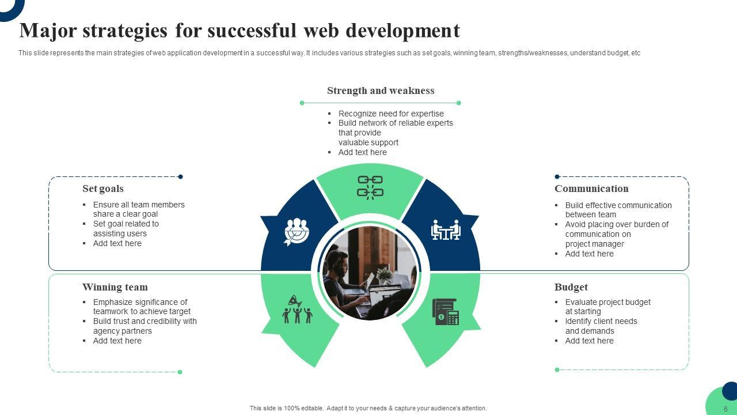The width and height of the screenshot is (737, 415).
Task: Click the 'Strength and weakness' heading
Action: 381,90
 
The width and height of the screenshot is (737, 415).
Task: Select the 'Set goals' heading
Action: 103,188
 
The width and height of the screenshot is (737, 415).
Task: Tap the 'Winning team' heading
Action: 115,287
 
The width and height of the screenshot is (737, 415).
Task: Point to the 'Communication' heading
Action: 591,188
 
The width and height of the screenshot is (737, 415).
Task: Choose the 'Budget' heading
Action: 571,287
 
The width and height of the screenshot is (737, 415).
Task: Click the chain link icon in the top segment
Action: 370,187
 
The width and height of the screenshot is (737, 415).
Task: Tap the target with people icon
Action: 297,232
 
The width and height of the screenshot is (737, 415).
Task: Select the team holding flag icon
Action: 297,309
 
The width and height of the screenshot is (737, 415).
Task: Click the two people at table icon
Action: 446,230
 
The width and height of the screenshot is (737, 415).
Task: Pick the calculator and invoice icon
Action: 445,312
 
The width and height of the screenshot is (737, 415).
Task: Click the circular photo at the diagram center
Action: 370,273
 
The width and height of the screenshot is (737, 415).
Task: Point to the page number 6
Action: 725,409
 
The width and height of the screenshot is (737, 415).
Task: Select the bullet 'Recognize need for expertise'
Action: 391,114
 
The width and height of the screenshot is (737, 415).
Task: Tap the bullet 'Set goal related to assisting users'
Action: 126,229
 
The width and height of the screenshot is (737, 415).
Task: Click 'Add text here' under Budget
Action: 589,341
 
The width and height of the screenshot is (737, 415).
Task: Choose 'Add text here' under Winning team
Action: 117,341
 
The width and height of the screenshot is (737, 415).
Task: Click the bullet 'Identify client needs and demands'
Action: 601,326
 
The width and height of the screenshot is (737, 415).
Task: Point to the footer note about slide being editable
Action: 368,408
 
